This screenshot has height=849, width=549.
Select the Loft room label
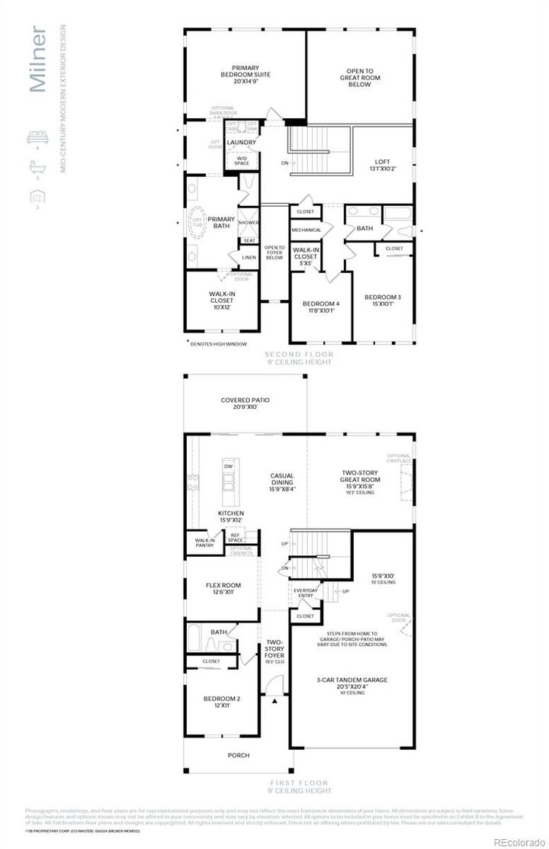click(x=382, y=166)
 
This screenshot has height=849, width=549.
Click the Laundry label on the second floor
click(x=242, y=143)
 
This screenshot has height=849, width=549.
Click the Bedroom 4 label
click(x=320, y=307)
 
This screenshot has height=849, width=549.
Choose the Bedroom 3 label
click(x=384, y=301)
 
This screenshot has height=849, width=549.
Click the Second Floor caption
click(x=300, y=355)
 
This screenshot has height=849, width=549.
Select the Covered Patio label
click(x=245, y=404)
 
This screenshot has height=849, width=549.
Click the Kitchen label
click(x=231, y=517)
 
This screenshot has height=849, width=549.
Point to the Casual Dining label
click(x=282, y=480)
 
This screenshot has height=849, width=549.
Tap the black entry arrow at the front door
click(x=271, y=701)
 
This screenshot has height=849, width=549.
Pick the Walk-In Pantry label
click(x=204, y=543)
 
